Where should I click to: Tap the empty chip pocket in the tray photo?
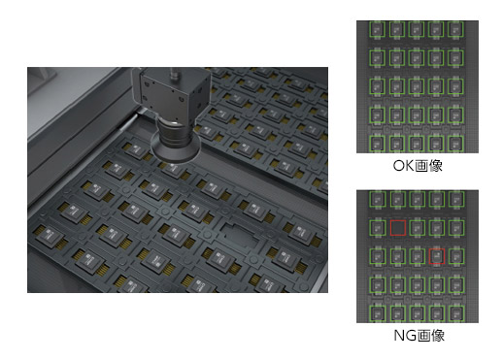240,234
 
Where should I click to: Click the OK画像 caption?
418,166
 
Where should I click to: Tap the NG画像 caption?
419,336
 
